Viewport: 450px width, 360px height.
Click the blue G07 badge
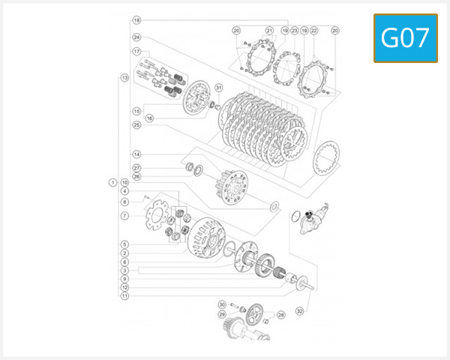tap(405, 37)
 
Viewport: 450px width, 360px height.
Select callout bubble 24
tap(136, 37)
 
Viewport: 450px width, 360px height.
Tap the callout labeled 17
tap(136, 51)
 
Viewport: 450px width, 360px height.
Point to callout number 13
tap(124, 77)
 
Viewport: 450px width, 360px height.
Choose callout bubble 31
tap(219, 88)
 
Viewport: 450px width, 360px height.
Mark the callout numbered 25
tap(136, 125)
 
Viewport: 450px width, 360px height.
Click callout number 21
tap(268, 31)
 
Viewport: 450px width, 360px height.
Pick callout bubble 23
tap(294, 31)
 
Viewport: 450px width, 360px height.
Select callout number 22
tap(313, 31)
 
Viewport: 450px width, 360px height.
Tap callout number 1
tap(112, 181)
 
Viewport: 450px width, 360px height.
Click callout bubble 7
tap(124, 216)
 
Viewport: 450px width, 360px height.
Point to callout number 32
tap(299, 311)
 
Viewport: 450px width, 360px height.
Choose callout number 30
tap(222, 304)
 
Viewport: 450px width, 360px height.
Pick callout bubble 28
tap(280, 315)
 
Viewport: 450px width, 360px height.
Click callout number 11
tap(124, 295)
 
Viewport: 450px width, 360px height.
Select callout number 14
tap(136, 155)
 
